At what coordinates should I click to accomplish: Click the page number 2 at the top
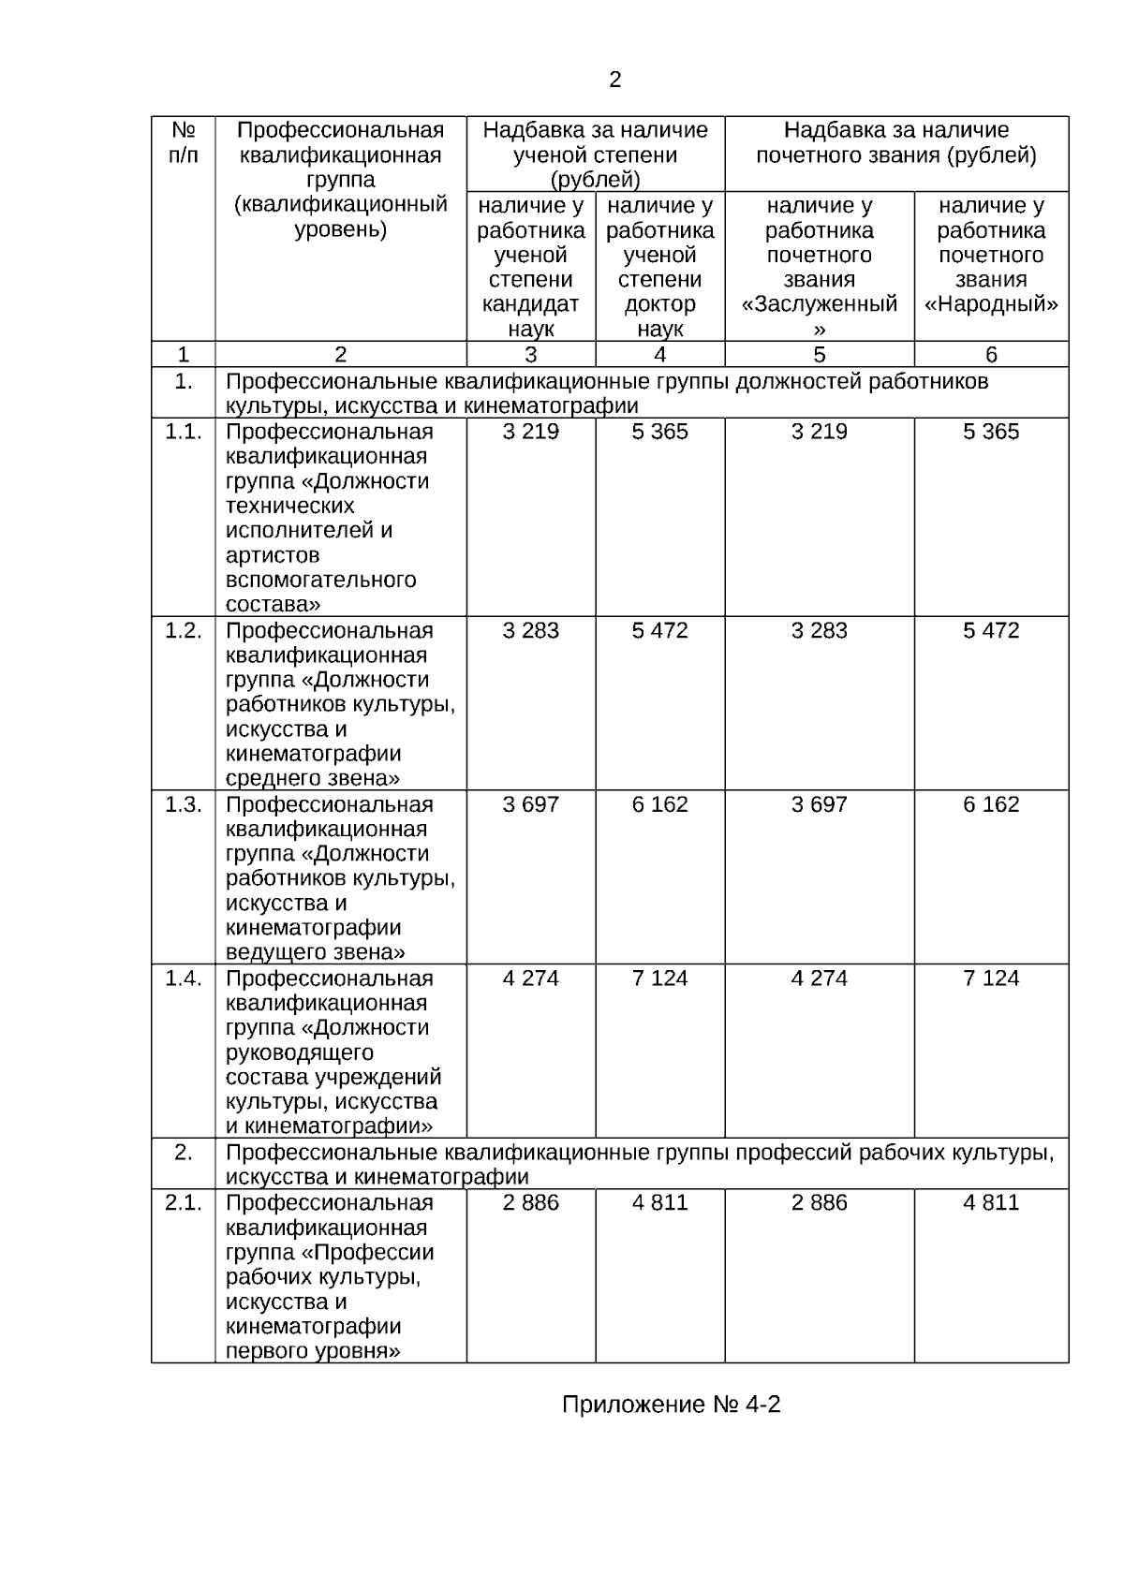[x=614, y=81]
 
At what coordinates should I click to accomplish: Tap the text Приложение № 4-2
[x=671, y=1405]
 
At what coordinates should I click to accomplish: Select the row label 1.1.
[x=184, y=432]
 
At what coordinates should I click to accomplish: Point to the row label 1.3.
[x=184, y=804]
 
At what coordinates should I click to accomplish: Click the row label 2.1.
[x=184, y=1202]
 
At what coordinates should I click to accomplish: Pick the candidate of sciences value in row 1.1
[x=530, y=432]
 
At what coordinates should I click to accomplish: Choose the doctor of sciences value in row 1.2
[x=659, y=630]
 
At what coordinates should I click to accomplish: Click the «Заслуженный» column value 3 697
[x=819, y=804]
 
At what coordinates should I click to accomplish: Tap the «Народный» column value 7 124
[x=991, y=978]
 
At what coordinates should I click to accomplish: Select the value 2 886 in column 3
[x=530, y=1202]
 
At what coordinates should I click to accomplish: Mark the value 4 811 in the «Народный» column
[x=991, y=1202]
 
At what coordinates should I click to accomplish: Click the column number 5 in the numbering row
[x=820, y=355]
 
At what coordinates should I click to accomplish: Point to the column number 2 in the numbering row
[x=341, y=355]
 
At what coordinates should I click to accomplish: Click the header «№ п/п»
[x=184, y=142]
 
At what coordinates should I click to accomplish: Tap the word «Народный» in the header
[x=991, y=304]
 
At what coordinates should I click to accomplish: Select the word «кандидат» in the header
[x=530, y=304]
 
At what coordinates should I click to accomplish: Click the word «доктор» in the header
[x=659, y=304]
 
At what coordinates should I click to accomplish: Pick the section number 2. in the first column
[x=184, y=1153]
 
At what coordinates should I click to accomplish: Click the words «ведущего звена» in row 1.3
[x=316, y=952]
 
